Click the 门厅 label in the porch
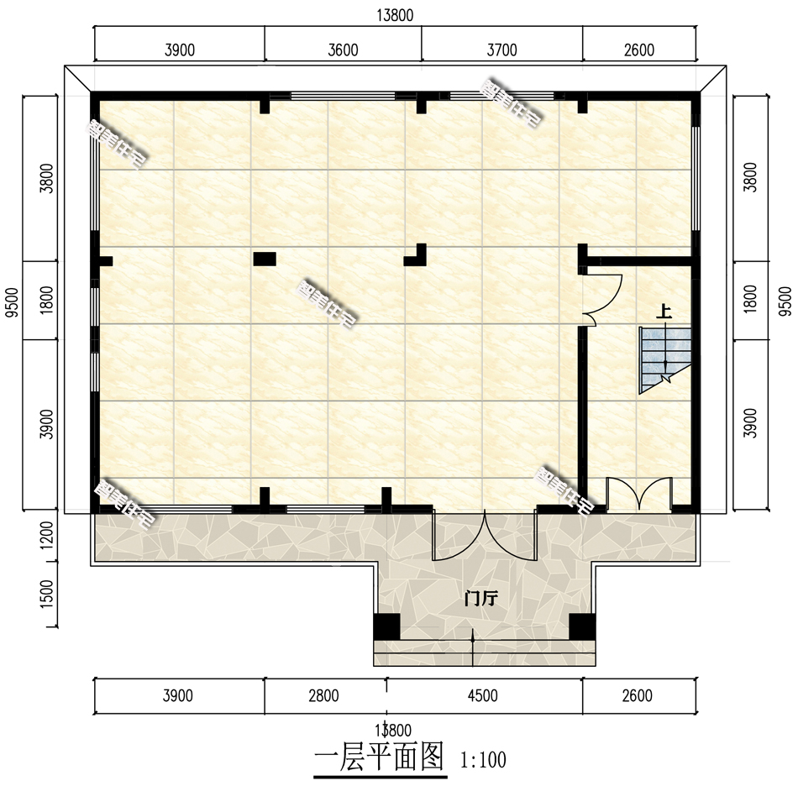click(481, 599)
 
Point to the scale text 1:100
click(483, 761)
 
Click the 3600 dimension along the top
click(343, 50)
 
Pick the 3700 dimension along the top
click(501, 50)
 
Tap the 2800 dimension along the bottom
click(323, 695)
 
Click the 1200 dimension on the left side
click(47, 536)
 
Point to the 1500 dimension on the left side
click(47, 594)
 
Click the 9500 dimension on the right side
click(785, 300)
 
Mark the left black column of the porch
click(386, 626)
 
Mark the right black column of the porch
click(581, 626)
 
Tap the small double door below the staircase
click(638, 495)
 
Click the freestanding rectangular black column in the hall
click(265, 259)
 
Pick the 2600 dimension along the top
click(638, 50)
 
